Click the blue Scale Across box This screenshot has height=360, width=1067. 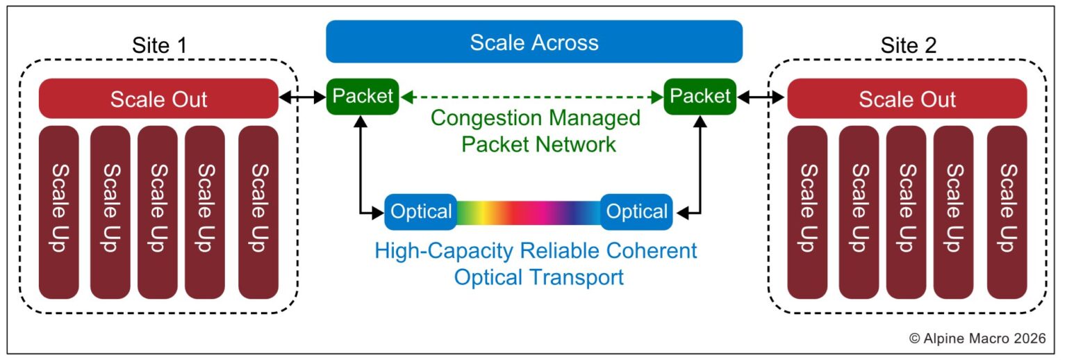[533, 42]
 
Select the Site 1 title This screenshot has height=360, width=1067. [159, 46]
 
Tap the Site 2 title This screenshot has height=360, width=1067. [908, 46]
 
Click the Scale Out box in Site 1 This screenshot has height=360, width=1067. [158, 99]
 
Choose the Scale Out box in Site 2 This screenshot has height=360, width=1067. [907, 99]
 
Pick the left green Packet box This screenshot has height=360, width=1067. [363, 96]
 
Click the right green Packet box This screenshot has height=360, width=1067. [700, 96]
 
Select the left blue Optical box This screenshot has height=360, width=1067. [421, 211]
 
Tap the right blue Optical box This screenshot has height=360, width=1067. [637, 211]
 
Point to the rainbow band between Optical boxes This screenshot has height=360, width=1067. [529, 212]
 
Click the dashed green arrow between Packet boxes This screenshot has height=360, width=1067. [531, 97]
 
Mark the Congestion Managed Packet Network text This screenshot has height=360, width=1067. [535, 131]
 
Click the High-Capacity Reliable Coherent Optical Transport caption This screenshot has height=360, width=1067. [536, 263]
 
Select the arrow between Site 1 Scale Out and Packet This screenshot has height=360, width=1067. [302, 99]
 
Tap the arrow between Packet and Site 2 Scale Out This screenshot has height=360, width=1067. [761, 99]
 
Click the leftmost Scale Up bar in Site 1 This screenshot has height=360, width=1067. [60, 212]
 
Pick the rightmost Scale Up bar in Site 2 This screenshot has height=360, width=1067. [1007, 212]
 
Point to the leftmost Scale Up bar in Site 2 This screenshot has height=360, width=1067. [807, 212]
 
